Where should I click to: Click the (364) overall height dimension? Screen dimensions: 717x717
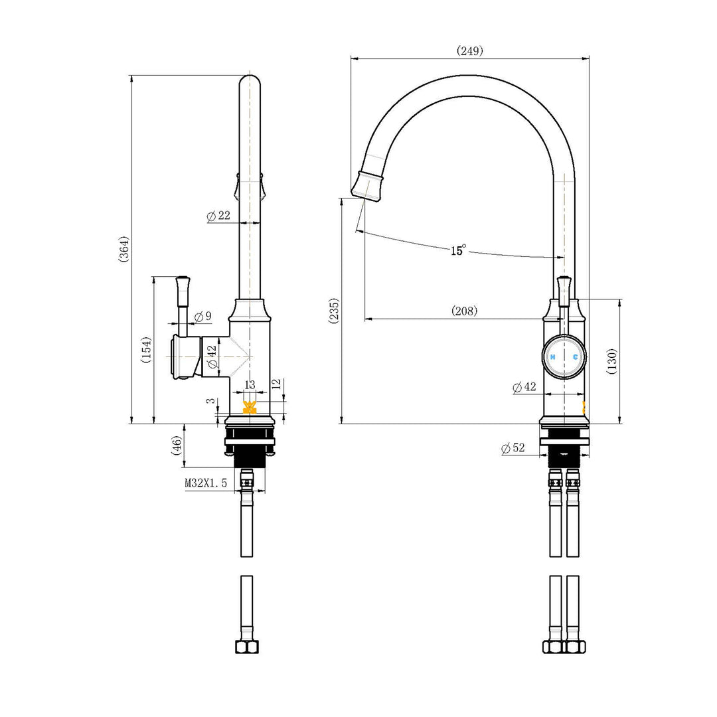click(124, 250)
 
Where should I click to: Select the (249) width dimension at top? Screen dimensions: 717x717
click(470, 50)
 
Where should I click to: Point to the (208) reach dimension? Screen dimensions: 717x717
click(464, 311)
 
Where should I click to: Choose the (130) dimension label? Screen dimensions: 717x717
click(612, 361)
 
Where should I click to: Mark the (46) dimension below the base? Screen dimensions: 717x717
click(177, 445)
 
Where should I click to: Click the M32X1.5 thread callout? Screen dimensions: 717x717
click(206, 483)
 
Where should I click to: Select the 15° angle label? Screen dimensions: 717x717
click(458, 250)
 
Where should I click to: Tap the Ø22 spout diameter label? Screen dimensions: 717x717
click(218, 216)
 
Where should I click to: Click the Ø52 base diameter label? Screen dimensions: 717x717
click(513, 449)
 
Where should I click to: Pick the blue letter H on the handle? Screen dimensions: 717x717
click(552, 357)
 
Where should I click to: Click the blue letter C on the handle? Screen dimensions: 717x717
click(575, 357)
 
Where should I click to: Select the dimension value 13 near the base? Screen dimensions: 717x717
click(250, 385)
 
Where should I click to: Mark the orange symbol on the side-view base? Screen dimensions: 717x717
click(250, 408)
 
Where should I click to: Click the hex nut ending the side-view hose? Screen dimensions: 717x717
click(246, 647)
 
